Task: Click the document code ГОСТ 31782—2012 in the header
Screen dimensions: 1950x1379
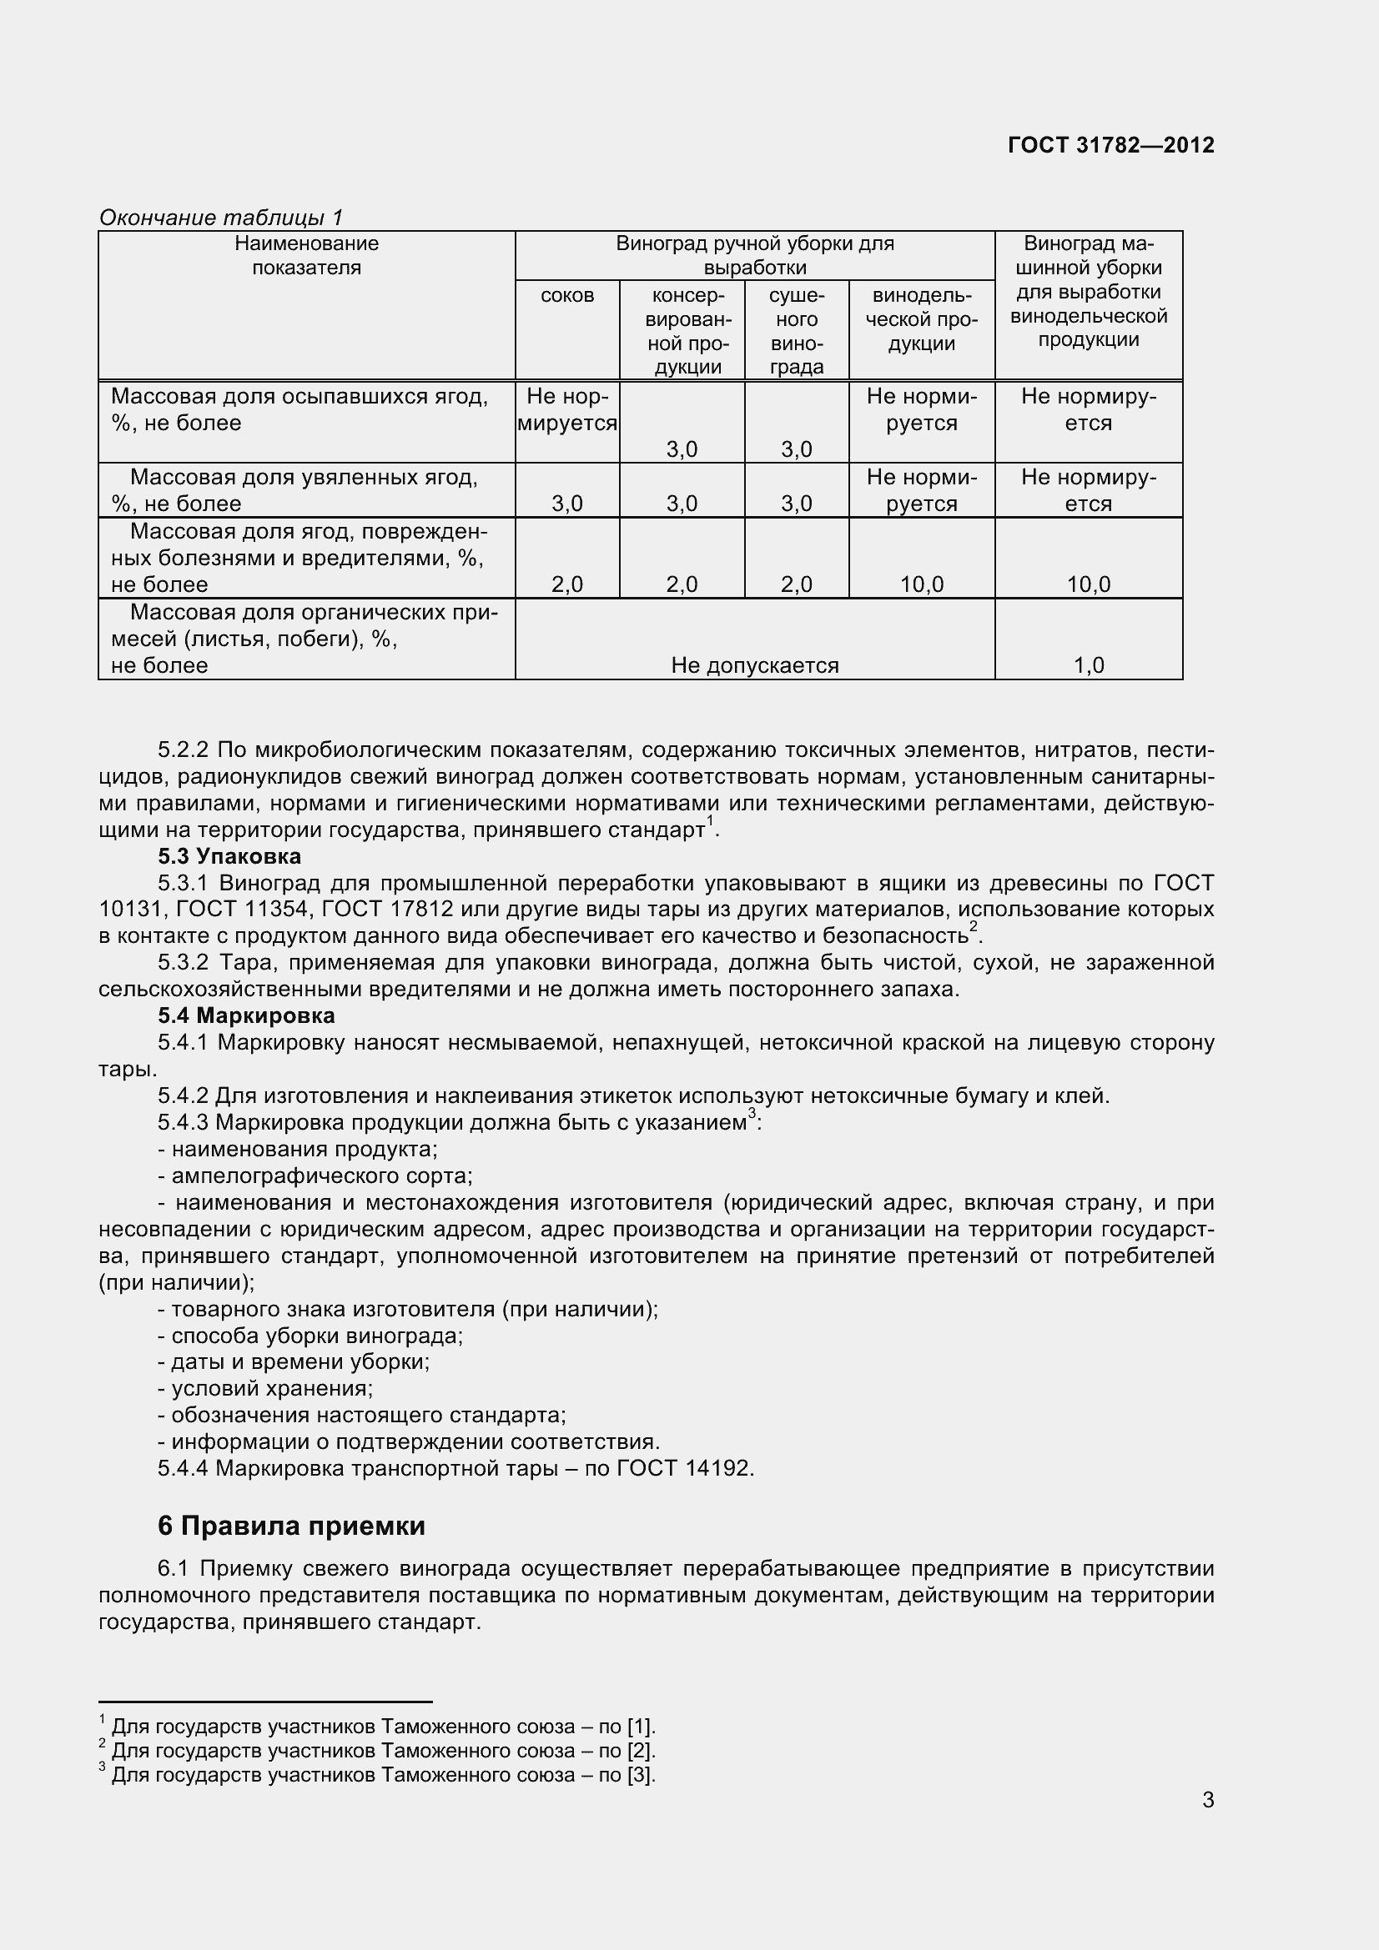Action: click(x=1110, y=145)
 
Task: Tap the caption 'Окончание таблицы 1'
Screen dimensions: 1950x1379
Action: click(x=221, y=218)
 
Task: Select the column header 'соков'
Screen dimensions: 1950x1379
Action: click(x=566, y=296)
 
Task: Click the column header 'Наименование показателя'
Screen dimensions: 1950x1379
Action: click(x=307, y=256)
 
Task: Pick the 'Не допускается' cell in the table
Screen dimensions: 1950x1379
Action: click(x=754, y=665)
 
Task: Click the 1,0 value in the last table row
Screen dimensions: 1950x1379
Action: click(x=1089, y=665)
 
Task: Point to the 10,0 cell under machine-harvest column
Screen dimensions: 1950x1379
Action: click(x=1089, y=584)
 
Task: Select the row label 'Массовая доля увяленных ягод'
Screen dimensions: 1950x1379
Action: click(x=304, y=478)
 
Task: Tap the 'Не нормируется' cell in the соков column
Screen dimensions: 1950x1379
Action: click(x=566, y=409)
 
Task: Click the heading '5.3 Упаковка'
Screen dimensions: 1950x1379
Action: click(x=229, y=856)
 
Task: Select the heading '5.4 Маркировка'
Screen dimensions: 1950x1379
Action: click(x=246, y=1015)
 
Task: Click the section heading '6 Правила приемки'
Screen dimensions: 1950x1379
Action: click(x=291, y=1526)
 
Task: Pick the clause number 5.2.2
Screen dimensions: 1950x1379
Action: click(x=183, y=750)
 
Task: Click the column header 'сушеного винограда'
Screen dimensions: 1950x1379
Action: click(x=796, y=331)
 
